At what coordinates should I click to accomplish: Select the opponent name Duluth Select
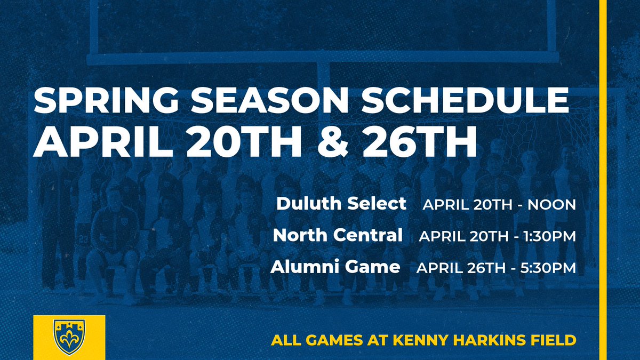click(x=341, y=204)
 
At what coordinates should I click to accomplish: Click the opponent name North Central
click(x=338, y=235)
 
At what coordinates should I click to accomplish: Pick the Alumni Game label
click(x=335, y=267)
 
